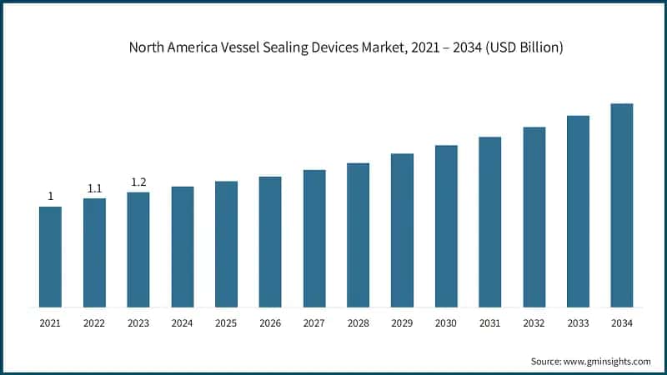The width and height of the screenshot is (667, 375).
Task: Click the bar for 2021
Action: click(x=50, y=257)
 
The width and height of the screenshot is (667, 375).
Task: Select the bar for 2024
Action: click(x=182, y=247)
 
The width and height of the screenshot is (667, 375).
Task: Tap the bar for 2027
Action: click(x=314, y=238)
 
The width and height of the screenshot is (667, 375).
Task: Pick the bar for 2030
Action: click(x=446, y=226)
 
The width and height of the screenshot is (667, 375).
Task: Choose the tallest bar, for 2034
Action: click(x=622, y=205)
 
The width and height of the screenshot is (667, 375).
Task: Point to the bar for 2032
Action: click(x=534, y=217)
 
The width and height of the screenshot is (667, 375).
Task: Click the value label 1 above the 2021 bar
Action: click(x=50, y=197)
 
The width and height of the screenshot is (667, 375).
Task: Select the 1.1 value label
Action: click(x=94, y=188)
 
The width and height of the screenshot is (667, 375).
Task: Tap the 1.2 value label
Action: click(x=138, y=182)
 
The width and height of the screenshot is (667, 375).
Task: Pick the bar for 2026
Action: click(x=270, y=242)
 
